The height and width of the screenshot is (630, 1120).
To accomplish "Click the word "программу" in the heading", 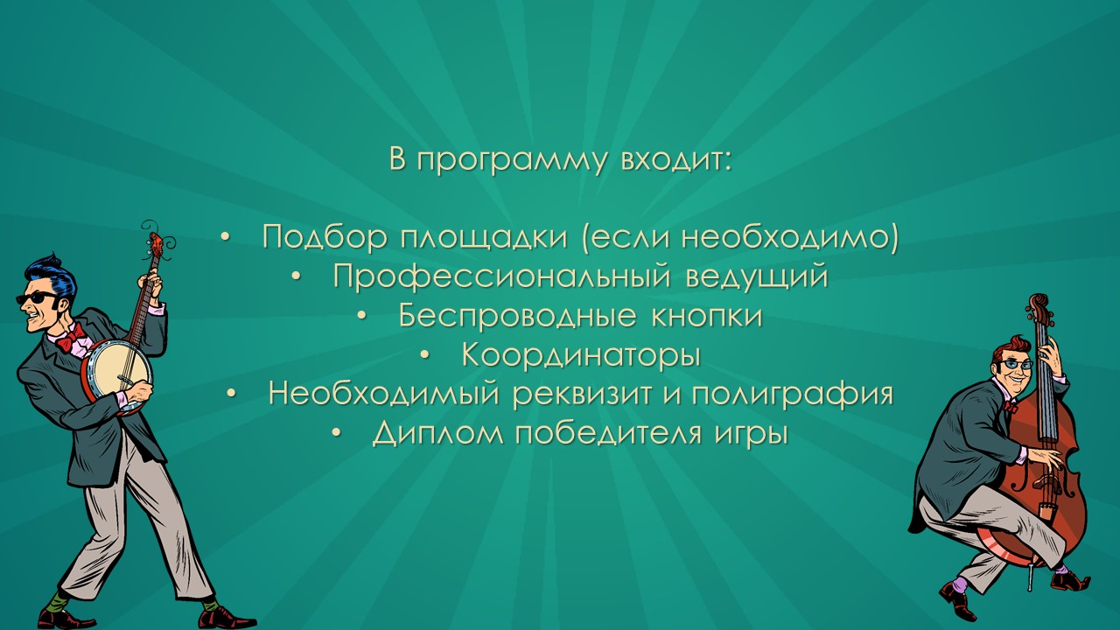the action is click(x=512, y=160).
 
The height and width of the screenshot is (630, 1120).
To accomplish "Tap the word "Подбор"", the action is click(x=325, y=236).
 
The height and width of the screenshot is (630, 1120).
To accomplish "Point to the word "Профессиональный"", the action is click(x=502, y=276).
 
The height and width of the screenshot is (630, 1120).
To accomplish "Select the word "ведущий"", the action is click(x=757, y=276).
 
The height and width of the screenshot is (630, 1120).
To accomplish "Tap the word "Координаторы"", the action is click(x=581, y=355).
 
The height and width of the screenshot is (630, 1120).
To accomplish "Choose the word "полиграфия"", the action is click(x=793, y=395).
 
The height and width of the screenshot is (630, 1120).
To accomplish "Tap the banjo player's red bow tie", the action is click(x=71, y=338).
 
